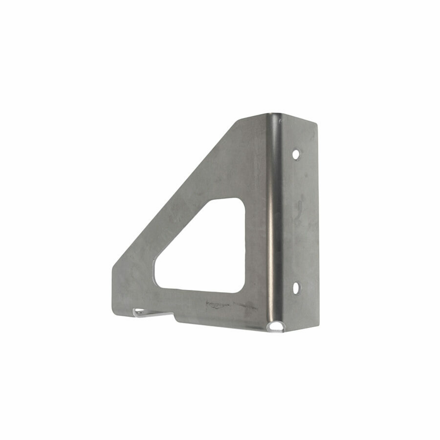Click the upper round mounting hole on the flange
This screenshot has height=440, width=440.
pos(296,154)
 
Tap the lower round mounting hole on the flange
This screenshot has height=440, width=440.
pos(296,288)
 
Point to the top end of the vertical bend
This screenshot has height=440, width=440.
pos(275,116)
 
